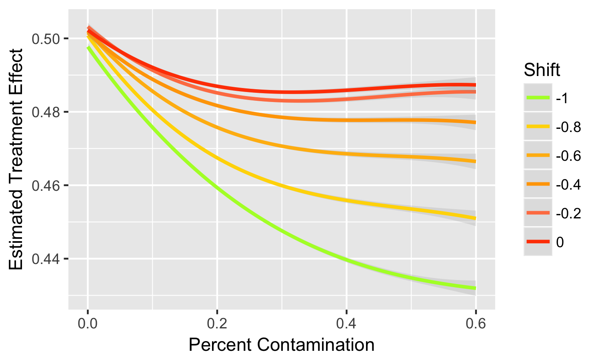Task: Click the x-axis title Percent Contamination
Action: (282, 345)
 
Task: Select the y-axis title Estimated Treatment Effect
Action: (17, 159)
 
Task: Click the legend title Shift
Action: (542, 70)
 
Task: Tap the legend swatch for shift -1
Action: (538, 98)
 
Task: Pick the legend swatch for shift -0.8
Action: (538, 127)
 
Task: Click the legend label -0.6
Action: (568, 156)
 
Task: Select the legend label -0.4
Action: (568, 184)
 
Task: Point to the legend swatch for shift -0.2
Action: (538, 213)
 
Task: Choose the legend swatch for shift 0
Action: (538, 242)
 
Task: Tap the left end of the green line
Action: (88, 47)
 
